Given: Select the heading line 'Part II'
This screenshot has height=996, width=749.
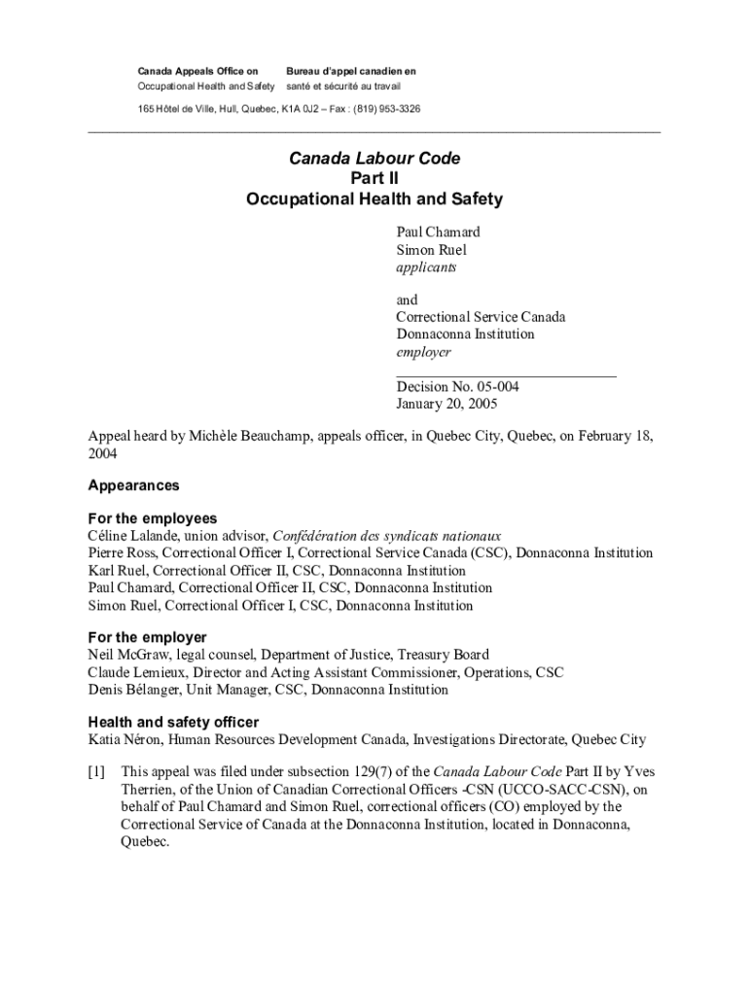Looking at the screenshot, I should tap(374, 178).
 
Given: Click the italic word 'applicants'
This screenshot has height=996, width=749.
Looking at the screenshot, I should tap(425, 267).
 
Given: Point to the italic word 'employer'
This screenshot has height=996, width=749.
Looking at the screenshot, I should tap(423, 352).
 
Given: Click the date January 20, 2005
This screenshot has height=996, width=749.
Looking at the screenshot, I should tap(446, 404).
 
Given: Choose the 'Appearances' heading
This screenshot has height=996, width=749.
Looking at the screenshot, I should tap(133, 485).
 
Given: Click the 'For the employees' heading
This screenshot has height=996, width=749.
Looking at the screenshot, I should tap(152, 518).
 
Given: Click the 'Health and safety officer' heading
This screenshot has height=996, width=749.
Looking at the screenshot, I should tap(173, 722).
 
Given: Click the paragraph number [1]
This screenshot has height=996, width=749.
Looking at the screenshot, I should tap(96, 772).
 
